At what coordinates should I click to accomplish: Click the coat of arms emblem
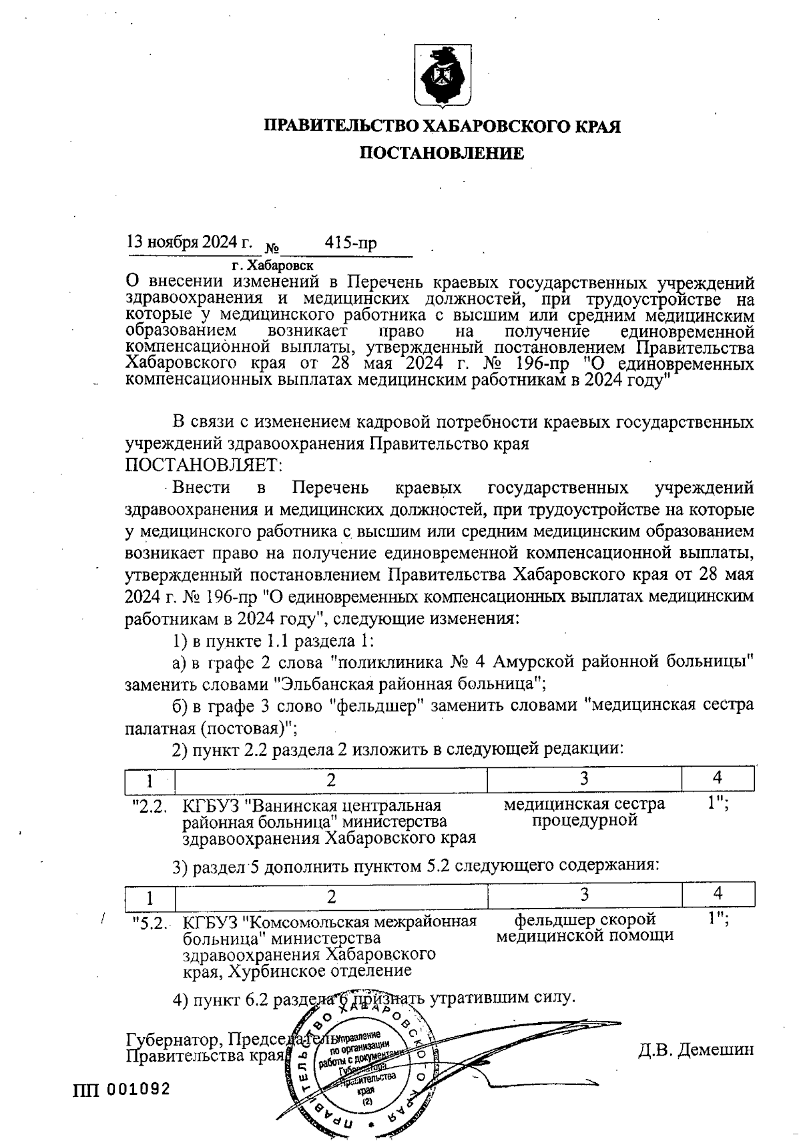441,75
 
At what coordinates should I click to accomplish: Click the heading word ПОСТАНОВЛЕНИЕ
442,153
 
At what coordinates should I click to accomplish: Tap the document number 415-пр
350,243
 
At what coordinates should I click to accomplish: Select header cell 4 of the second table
718,893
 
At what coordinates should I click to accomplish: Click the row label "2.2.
150,806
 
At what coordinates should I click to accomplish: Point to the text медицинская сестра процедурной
584,811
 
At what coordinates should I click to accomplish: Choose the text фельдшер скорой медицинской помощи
584,927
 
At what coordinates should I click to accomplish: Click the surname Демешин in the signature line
715,1049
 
